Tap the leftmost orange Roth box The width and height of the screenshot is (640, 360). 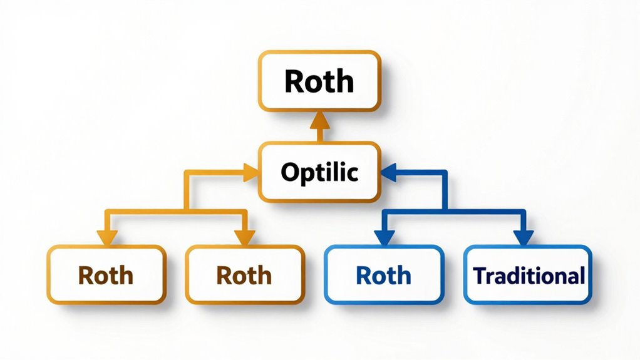pos(106,275)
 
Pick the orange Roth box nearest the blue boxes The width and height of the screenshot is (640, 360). pos(244,275)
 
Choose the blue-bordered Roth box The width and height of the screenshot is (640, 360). pos(383,275)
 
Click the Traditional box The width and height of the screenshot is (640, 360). pos(528,275)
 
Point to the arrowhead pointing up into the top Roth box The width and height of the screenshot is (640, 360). pos(319,118)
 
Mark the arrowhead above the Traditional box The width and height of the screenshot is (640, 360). pos(523,237)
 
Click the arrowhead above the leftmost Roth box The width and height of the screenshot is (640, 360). pos(106,237)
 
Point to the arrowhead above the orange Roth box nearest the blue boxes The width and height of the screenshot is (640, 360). pos(244,237)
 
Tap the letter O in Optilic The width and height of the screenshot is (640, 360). pos(289,172)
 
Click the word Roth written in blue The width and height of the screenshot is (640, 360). pos(383,275)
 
